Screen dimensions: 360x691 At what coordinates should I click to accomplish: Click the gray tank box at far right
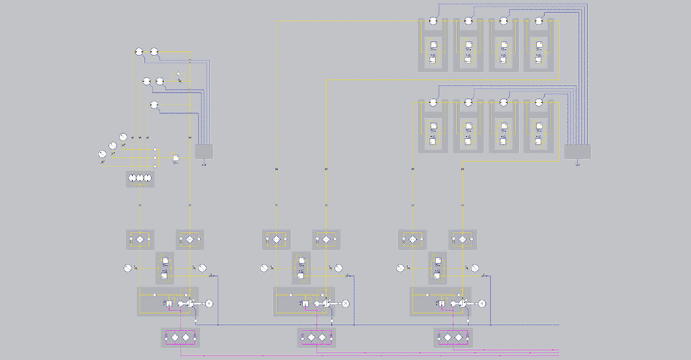(577, 151)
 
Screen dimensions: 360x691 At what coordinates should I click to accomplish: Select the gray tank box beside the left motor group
(204, 151)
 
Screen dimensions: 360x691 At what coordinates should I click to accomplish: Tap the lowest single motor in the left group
(154, 106)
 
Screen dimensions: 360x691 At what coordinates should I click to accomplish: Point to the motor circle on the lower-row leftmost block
(433, 103)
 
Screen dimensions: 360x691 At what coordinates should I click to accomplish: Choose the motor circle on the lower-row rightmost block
(539, 103)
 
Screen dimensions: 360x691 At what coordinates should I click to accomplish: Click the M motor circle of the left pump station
(209, 304)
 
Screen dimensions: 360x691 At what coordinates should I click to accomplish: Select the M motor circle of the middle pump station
(345, 304)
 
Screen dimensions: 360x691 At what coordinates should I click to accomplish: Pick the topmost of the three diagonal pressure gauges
(122, 137)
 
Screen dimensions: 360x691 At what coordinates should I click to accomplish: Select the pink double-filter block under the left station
(180, 337)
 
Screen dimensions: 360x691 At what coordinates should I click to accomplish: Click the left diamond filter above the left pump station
(140, 238)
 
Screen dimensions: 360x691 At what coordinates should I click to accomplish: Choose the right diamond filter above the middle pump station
(325, 238)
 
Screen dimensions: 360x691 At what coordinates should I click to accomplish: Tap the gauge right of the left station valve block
(202, 268)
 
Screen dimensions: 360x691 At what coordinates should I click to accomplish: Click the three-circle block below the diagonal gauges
(140, 178)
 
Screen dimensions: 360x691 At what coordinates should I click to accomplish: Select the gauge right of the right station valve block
(475, 268)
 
